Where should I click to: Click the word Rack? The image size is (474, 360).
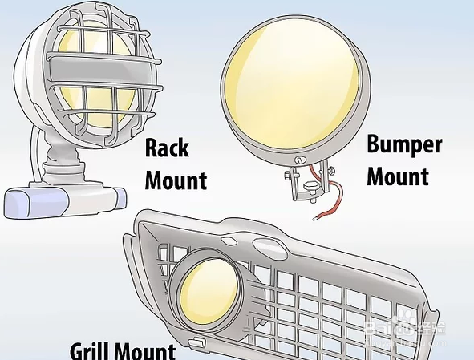point(167,148)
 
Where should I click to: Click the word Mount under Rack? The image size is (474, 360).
point(176,180)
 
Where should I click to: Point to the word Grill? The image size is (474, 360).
point(91,351)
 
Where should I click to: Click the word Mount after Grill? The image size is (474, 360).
point(146,351)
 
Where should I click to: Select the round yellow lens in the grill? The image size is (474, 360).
point(209,296)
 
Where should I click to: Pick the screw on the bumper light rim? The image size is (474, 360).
point(299,160)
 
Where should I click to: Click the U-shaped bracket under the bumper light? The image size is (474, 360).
point(308,184)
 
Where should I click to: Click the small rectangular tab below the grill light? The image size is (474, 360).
point(196,342)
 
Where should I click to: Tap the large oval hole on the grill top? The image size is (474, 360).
point(269,247)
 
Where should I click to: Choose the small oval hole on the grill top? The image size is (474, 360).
point(229,241)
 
